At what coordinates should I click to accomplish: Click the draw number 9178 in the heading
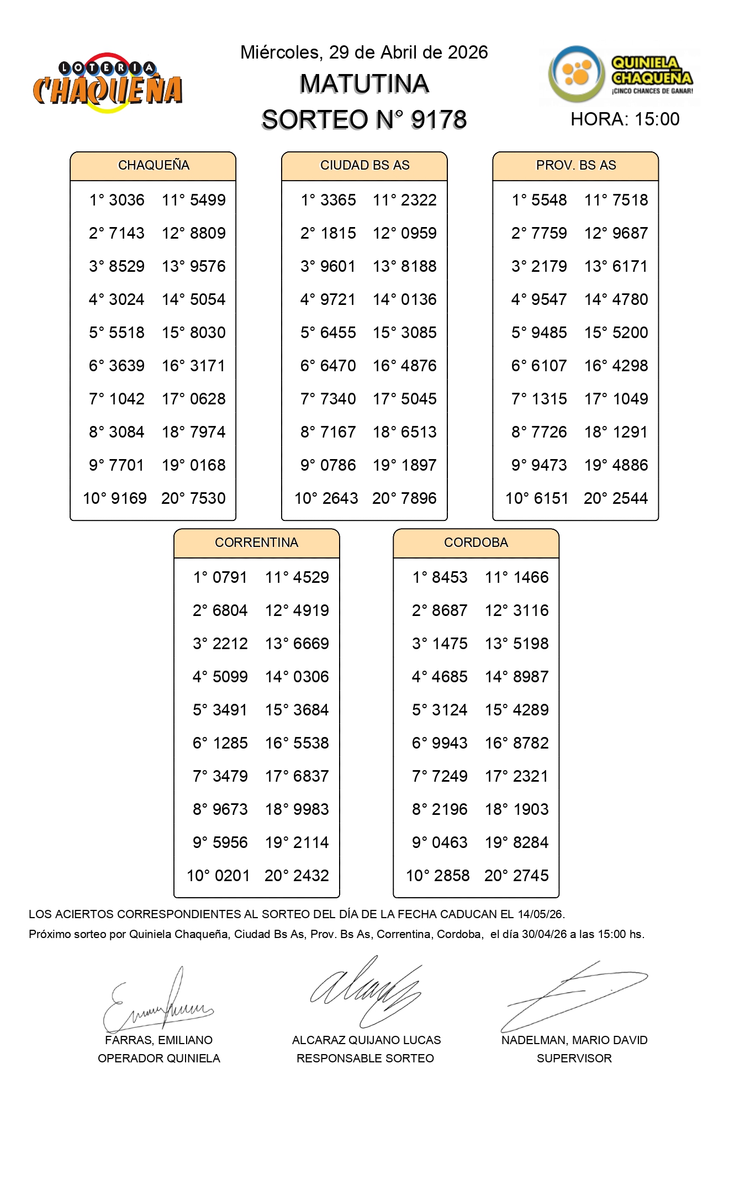click(x=439, y=120)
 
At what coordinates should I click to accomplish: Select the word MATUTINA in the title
click(x=364, y=84)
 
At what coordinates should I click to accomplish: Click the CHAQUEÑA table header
click(x=154, y=165)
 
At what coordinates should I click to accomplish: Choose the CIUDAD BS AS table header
click(x=364, y=165)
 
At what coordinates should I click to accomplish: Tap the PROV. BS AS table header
click(x=575, y=165)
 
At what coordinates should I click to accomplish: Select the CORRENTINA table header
click(x=256, y=543)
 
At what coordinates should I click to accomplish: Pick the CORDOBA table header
click(x=476, y=543)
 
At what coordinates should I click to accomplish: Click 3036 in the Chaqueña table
click(x=126, y=200)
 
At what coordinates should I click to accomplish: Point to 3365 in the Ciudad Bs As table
click(x=338, y=200)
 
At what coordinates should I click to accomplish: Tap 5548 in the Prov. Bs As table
click(x=549, y=200)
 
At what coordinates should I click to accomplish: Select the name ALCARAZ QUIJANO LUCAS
click(x=366, y=1040)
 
